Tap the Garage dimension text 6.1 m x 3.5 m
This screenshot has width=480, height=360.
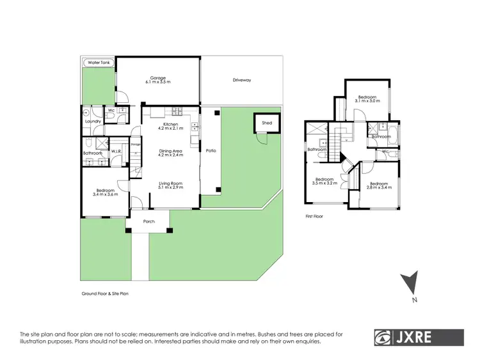pyautogui.click(x=157, y=83)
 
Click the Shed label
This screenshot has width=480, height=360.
pyautogui.click(x=266, y=123)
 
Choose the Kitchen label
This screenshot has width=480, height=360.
pyautogui.click(x=170, y=124)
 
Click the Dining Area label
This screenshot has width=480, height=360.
pyautogui.click(x=170, y=150)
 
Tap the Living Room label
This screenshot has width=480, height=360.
pyautogui.click(x=170, y=184)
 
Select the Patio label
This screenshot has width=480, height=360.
pyautogui.click(x=210, y=152)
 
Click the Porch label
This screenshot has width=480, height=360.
pyautogui.click(x=148, y=221)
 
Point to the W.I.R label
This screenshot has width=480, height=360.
pyautogui.click(x=116, y=152)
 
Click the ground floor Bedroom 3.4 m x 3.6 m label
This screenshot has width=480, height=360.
pyautogui.click(x=105, y=191)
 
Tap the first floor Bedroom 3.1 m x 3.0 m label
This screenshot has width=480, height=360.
pyautogui.click(x=367, y=98)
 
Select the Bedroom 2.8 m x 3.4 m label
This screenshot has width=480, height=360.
pyautogui.click(x=378, y=185)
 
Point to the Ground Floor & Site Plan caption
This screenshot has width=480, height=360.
pyautogui.click(x=109, y=293)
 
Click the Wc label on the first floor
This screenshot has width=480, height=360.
pyautogui.click(x=386, y=152)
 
